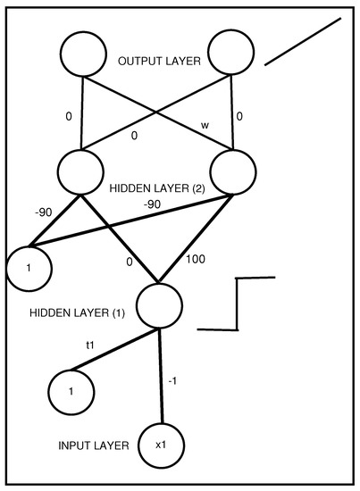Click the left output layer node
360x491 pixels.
pos(83,54)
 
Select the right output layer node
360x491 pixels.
pos(233,53)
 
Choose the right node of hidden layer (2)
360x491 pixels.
pos(235,171)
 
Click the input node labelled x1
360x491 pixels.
pos(162,444)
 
